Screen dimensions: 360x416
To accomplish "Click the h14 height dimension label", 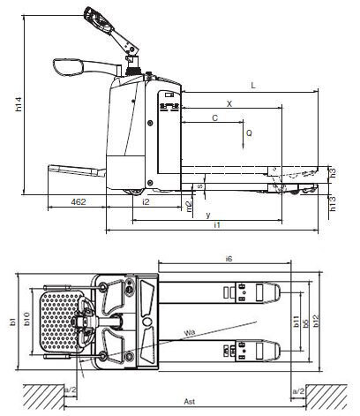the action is pos(19,104).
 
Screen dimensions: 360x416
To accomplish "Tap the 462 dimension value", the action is pos(79,202).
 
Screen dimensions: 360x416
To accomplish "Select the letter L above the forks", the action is pos(253,86).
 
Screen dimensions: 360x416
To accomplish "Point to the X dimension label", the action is pos(229,103).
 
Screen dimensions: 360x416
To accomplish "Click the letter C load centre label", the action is pos(215,118).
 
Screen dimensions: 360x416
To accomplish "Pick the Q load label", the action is pos(249,133).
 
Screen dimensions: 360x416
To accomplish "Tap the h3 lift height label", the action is pos(332,172).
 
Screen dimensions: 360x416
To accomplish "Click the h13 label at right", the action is pos(333,203).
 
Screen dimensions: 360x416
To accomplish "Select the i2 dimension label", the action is pos(146,202).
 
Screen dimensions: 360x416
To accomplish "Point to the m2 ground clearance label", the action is pos(189,205).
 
